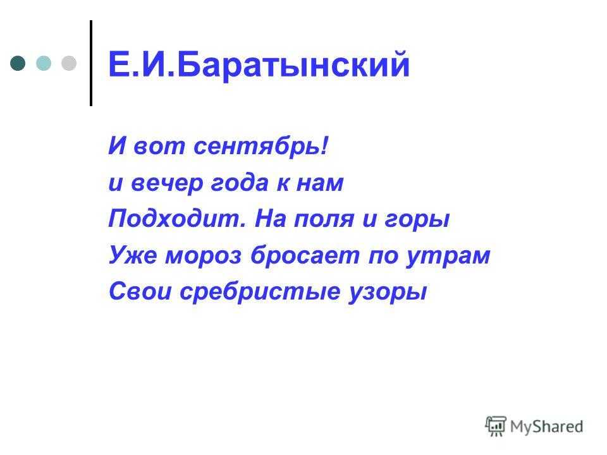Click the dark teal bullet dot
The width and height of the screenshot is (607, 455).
18,63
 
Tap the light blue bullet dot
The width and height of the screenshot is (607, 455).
44,63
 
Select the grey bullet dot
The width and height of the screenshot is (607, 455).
69,63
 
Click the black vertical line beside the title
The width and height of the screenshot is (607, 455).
91,63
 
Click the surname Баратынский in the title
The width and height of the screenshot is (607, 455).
293,64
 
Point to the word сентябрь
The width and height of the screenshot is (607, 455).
260,147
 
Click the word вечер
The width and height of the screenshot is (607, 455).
167,183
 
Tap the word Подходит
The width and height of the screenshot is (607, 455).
177,218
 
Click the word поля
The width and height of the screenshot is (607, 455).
324,219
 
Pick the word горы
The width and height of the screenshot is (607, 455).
417,220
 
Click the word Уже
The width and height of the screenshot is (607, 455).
133,255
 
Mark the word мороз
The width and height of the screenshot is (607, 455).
204,256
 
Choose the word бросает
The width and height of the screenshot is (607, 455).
305,255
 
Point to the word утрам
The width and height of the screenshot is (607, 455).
448,257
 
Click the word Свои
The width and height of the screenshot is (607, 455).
140,291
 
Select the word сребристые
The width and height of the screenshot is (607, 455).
260,292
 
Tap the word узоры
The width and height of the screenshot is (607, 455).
388,293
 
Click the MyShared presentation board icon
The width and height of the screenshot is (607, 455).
496,426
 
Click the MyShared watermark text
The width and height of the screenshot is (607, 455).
546,427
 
